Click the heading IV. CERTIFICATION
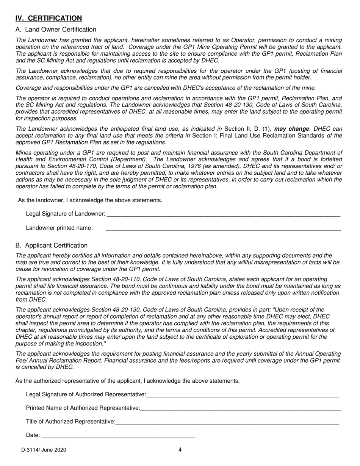(x=49, y=18)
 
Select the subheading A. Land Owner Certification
(x=56, y=30)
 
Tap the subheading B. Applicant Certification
(x=52, y=246)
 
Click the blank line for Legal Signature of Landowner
(x=223, y=214)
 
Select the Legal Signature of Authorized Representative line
(x=242, y=395)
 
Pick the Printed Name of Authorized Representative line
(x=241, y=409)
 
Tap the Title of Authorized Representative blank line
(x=227, y=422)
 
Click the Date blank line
(x=118, y=436)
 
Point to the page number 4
(x=180, y=450)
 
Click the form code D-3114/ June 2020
(x=44, y=450)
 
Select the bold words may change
(x=292, y=129)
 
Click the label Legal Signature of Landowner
(x=65, y=214)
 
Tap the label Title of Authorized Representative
(x=70, y=421)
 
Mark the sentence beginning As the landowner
(x=90, y=200)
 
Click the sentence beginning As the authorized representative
(x=127, y=381)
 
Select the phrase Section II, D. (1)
(x=247, y=129)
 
